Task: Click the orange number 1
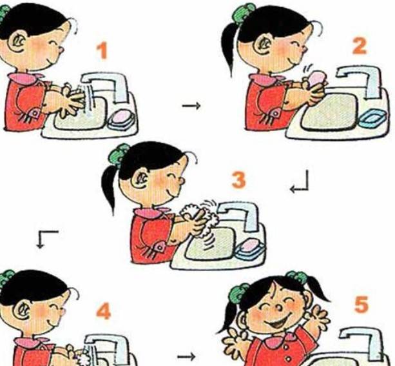coord(103,51)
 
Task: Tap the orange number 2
coord(359,46)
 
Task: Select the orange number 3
coord(238,179)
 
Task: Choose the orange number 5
coord(361,305)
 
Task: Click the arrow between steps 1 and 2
coord(191,105)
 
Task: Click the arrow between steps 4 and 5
coord(186,357)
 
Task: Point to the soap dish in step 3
coord(250,250)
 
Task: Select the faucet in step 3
coord(240,214)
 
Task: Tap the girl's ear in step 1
coord(17,42)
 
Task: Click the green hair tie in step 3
coord(119,154)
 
